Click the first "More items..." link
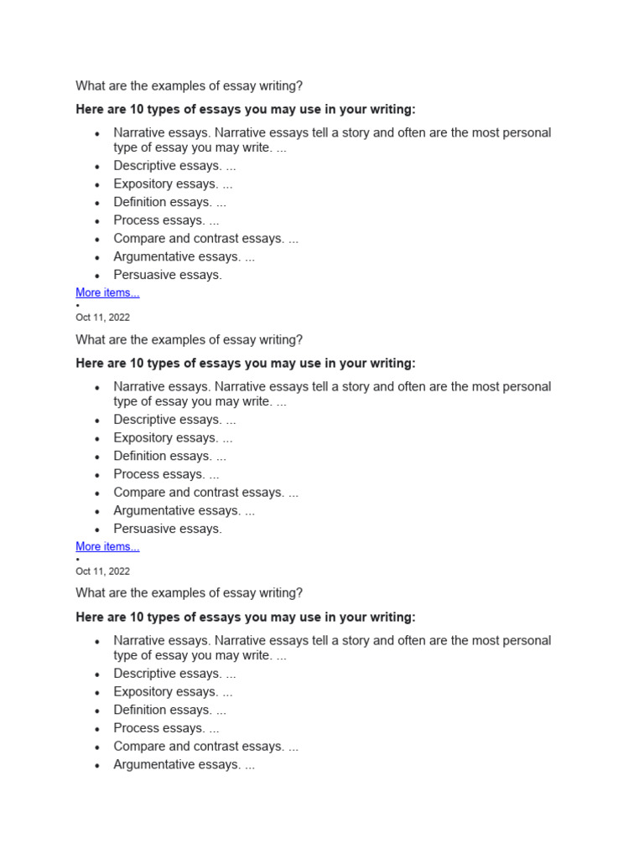point(107,293)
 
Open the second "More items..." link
point(107,547)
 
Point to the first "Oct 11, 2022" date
point(102,318)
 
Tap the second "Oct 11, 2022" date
point(102,571)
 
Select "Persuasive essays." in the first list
point(168,275)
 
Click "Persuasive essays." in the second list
point(168,529)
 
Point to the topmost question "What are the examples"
point(189,86)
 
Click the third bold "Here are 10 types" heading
point(245,618)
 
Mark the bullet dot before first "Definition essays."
point(97,203)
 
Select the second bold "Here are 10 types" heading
point(245,364)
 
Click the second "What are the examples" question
point(189,340)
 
